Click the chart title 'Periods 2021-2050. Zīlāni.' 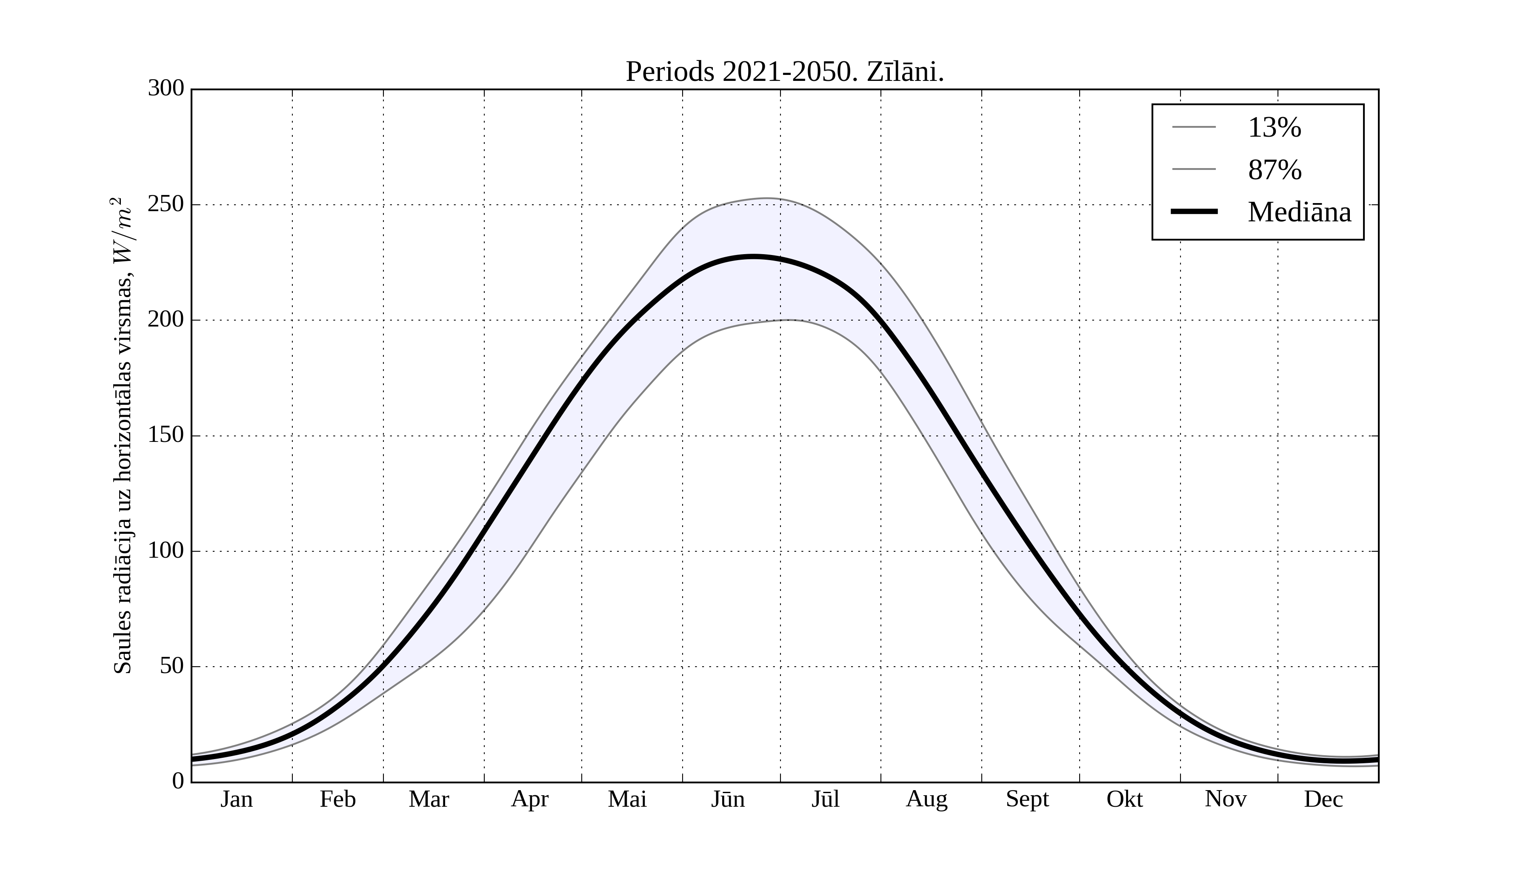784,72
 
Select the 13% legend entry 1274,128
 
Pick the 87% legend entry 1274,170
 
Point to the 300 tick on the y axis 166,89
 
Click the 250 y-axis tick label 166,204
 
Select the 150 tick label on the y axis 166,436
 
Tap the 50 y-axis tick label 172,667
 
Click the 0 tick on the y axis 178,782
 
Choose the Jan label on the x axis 237,799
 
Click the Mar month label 429,799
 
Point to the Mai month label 627,799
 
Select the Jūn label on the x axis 728,799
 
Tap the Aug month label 926,799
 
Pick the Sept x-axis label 1027,799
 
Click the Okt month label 1125,799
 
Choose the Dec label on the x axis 1323,799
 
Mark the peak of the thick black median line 754,257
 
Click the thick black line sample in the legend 1194,212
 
